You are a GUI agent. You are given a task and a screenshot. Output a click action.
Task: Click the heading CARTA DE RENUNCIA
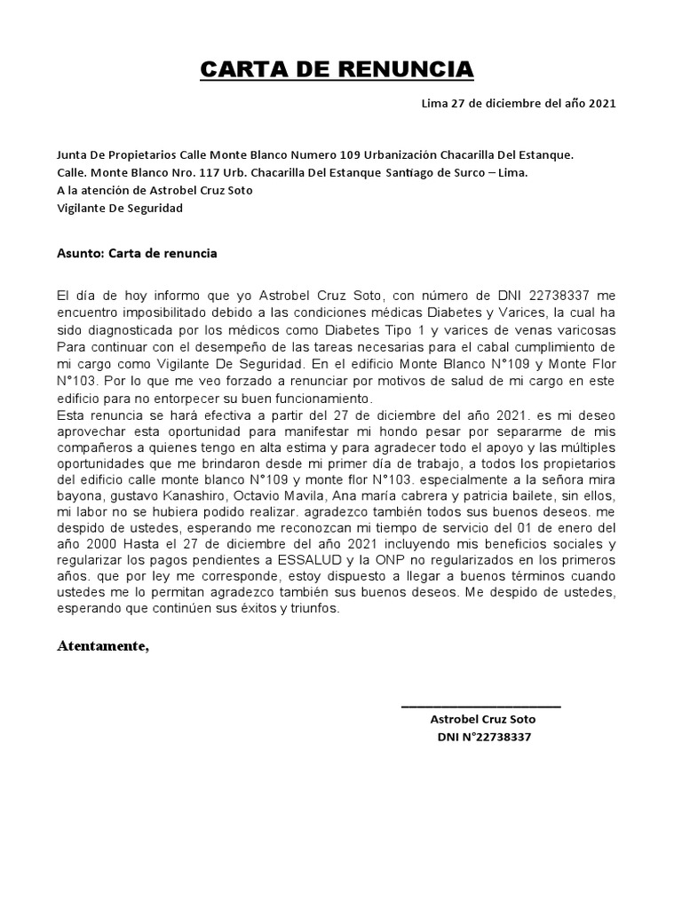coord(337,69)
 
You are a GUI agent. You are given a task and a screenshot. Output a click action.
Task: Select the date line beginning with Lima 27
coord(518,103)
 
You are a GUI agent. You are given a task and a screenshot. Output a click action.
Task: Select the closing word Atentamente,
coord(104,645)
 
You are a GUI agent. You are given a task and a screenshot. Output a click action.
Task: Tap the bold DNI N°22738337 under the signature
coord(483,737)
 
